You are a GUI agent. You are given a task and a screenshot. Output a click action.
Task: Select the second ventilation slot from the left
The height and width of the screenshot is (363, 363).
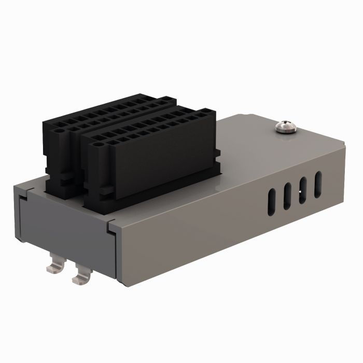coord(286,195)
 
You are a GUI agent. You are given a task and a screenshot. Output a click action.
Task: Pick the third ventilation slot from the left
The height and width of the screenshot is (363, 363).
coord(303,188)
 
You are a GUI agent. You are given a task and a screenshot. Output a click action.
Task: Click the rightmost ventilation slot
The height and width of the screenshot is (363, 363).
coord(319,180)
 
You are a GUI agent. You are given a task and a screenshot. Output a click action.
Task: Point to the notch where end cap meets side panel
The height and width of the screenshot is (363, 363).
coord(110,227)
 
